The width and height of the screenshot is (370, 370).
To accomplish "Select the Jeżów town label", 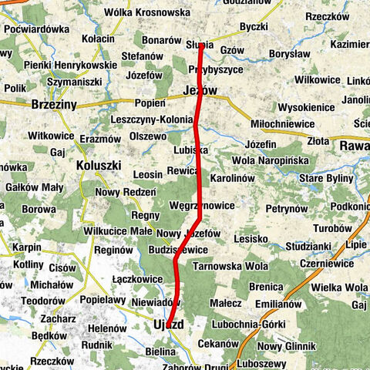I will pos(201,91).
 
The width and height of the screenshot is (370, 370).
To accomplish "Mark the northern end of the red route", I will pos(200,45).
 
